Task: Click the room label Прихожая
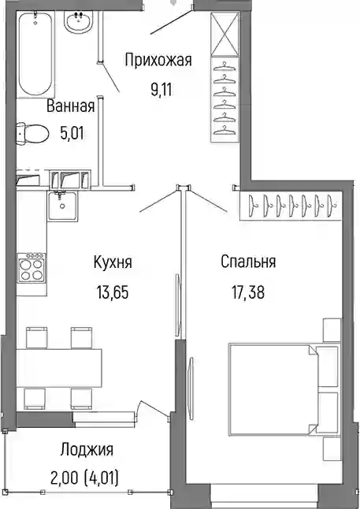click(158, 60)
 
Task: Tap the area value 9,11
click(161, 90)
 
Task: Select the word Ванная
click(70, 106)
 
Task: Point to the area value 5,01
click(72, 133)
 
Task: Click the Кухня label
click(113, 262)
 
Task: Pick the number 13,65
click(113, 292)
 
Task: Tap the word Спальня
click(248, 262)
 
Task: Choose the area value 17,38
click(248, 292)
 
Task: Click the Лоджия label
click(87, 450)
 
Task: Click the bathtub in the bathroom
click(35, 54)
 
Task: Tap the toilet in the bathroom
click(32, 133)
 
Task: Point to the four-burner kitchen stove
click(32, 268)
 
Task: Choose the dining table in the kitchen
click(59, 368)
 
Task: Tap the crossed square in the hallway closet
click(225, 34)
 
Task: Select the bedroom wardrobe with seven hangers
click(291, 206)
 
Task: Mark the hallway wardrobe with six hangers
click(225, 99)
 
